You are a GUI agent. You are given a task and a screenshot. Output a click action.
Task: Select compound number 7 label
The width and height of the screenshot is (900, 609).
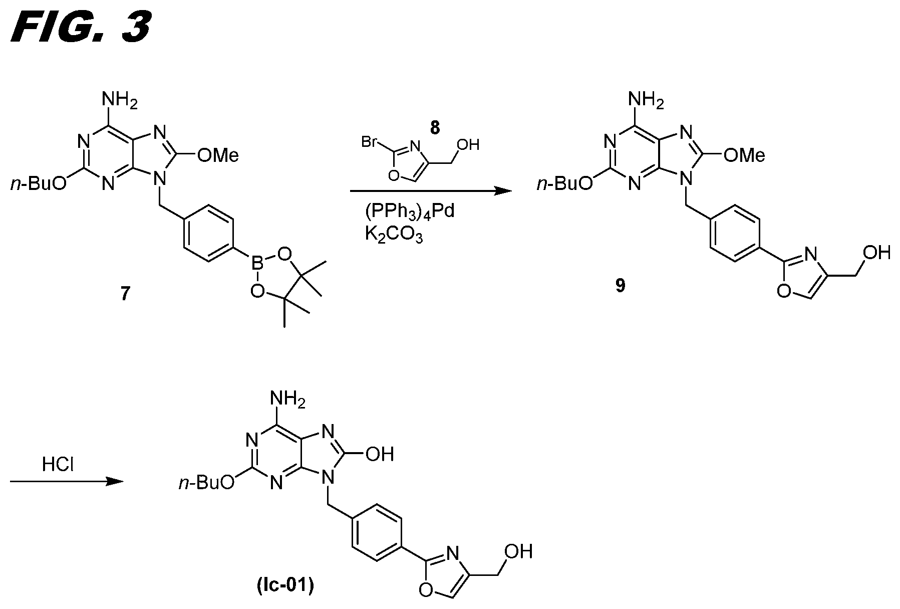125,293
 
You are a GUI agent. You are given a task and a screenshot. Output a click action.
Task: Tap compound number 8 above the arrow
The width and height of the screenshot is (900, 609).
434,128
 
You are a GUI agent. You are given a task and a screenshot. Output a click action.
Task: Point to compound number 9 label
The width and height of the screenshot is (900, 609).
620,286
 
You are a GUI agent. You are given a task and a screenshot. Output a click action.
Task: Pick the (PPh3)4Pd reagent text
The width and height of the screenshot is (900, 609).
410,211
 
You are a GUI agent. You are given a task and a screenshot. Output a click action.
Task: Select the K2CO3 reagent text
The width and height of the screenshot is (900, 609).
394,234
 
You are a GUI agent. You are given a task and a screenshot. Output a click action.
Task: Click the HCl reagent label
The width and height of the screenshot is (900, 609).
58,465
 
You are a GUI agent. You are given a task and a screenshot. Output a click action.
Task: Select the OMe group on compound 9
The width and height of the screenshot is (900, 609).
744,155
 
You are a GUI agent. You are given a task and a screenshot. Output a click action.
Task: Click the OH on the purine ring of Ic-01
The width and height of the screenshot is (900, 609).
380,455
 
